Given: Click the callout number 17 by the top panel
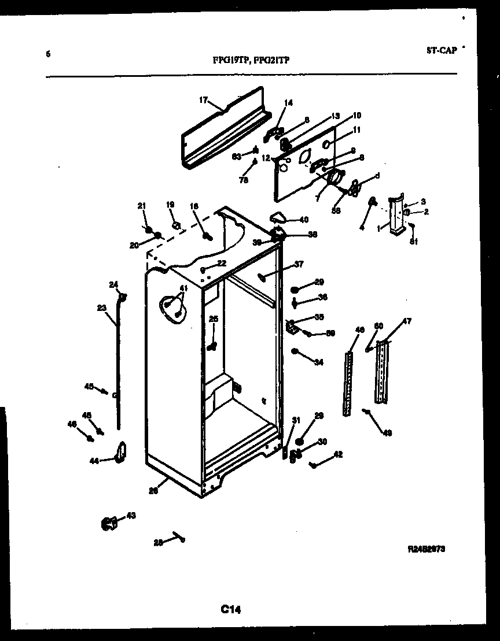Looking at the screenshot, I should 203,100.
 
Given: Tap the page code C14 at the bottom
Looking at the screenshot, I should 230,609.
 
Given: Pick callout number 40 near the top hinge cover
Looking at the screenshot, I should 303,220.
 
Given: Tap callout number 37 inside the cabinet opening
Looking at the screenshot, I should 299,265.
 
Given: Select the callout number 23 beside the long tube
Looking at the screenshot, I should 101,308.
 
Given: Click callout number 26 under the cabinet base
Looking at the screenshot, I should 153,491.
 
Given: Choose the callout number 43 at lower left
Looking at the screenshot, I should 131,516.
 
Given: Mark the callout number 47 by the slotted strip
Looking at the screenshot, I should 407,321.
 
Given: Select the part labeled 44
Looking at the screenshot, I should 120,453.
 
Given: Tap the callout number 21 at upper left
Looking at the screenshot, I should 141,206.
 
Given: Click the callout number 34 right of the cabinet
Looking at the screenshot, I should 318,363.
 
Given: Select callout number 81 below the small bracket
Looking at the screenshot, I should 413,242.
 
